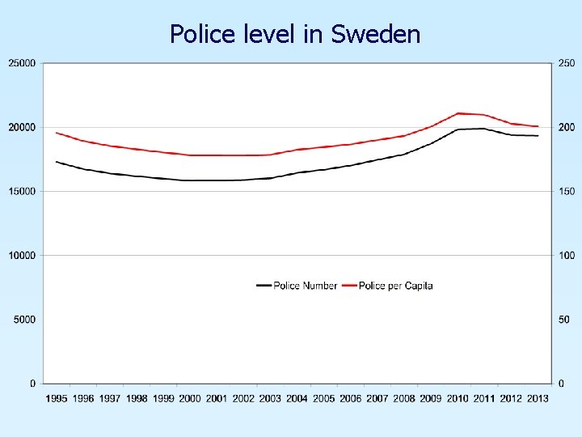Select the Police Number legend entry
click(297, 286)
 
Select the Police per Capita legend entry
click(388, 286)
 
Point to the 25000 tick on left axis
click(22, 63)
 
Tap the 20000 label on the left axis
click(22, 128)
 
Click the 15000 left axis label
click(22, 192)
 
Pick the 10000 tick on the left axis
click(22, 256)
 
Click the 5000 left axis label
click(24, 320)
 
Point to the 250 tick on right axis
click(566, 63)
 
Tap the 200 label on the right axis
click(566, 128)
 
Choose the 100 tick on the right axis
click(566, 256)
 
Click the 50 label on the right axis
click(563, 320)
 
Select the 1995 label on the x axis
click(57, 398)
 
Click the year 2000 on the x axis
click(190, 398)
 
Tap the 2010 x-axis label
click(458, 398)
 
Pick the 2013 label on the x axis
click(538, 398)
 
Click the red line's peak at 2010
click(458, 113)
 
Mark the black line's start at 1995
click(57, 162)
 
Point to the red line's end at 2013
click(538, 126)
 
